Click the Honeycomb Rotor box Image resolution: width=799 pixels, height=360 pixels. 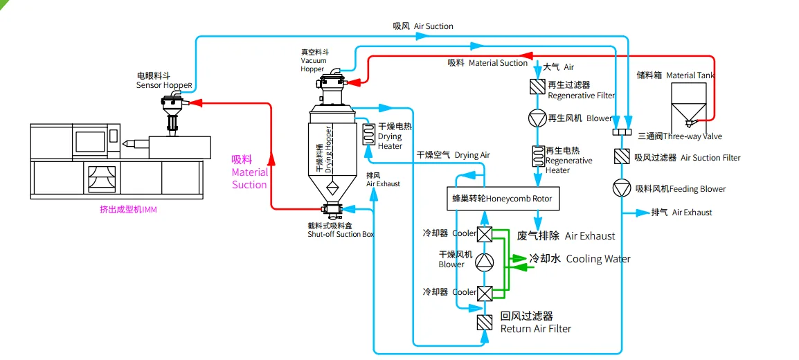[502, 199]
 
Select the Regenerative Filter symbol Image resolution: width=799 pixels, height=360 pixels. [537, 87]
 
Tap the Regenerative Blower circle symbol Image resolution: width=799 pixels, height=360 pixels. [537, 118]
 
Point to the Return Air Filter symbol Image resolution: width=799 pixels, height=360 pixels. [484, 322]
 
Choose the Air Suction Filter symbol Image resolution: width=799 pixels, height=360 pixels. [621, 157]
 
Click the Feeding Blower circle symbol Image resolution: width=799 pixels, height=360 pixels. [621, 188]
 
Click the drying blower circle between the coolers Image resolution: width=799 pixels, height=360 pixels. [484, 261]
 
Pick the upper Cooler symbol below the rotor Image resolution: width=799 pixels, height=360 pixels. [484, 234]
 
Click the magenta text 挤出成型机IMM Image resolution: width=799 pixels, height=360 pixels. [128, 209]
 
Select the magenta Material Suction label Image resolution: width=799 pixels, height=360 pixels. [249, 172]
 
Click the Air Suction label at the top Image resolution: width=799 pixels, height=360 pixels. [423, 26]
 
